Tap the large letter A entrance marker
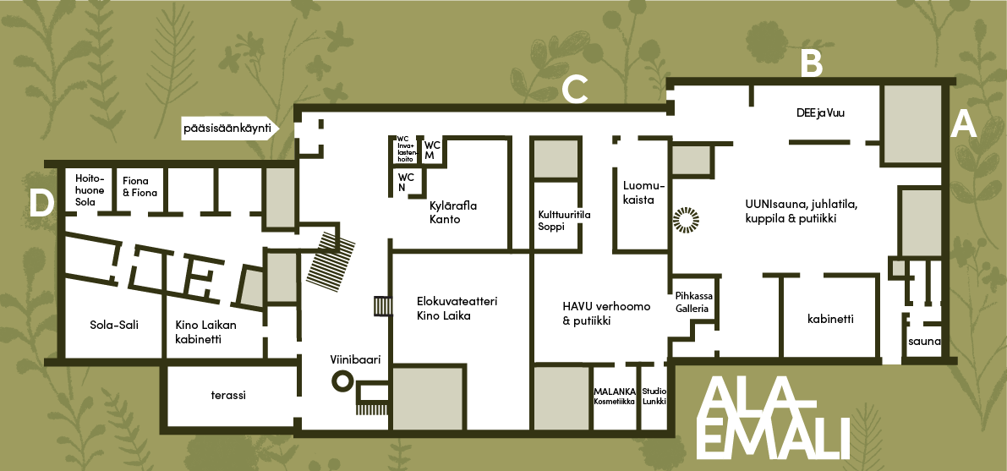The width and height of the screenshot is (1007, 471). click(x=963, y=124)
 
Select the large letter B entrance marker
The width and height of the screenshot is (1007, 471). click(x=812, y=63)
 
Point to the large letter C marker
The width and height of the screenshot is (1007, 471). click(x=575, y=90)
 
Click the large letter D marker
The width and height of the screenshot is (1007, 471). click(x=41, y=205)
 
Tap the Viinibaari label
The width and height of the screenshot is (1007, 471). click(x=356, y=360)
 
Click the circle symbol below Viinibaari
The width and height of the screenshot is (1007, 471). click(x=342, y=381)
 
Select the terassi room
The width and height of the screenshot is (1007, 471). click(x=228, y=395)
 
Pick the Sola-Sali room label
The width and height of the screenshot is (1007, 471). click(x=114, y=326)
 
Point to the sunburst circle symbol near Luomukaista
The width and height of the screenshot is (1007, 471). click(x=685, y=219)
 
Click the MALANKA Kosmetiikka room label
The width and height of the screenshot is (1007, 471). click(x=615, y=396)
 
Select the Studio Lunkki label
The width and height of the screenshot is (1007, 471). click(x=654, y=396)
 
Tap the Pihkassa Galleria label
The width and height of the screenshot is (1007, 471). click(x=692, y=303)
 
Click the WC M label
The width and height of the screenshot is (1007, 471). click(x=432, y=151)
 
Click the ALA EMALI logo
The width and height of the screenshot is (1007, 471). click(x=773, y=419)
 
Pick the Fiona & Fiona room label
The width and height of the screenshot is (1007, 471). click(x=140, y=187)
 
